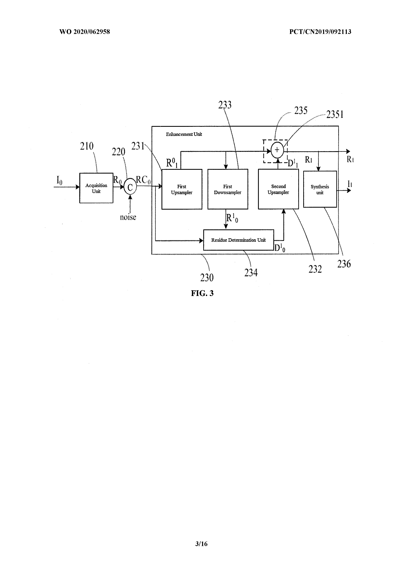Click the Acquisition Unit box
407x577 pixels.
tap(96, 188)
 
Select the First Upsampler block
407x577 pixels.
tap(182, 189)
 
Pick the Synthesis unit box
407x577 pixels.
tap(320, 189)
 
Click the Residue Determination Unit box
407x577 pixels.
tap(238, 240)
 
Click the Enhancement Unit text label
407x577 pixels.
tap(184, 134)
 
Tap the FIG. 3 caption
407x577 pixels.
tap(202, 293)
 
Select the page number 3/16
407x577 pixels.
tap(201, 544)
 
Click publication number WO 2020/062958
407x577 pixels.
tap(85, 32)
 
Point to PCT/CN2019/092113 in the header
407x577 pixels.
tap(320, 32)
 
